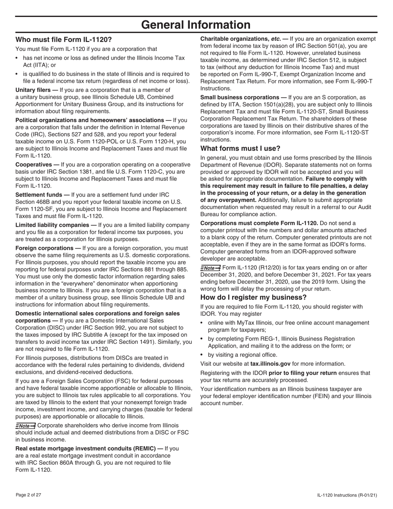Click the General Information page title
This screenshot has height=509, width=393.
[x=196, y=25]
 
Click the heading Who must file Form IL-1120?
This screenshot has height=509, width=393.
[x=63, y=40]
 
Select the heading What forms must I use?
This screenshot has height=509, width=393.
[x=240, y=149]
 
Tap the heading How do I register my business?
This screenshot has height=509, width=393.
[x=254, y=298]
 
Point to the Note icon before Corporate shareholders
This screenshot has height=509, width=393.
[x=25, y=425]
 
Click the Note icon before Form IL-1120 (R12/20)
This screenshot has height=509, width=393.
[x=210, y=267]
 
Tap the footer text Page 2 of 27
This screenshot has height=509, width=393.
[x=28, y=495]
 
